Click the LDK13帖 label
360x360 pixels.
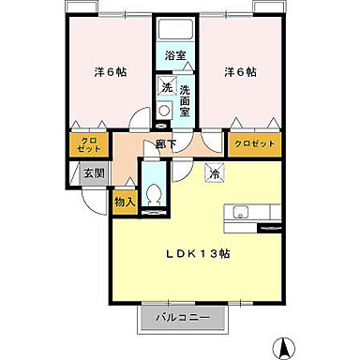(x=200, y=254)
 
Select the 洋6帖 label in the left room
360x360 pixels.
(x=111, y=72)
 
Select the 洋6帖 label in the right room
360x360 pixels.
(x=241, y=72)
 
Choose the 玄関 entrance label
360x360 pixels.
(x=92, y=173)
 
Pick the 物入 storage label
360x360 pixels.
(x=125, y=200)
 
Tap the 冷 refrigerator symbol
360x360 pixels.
(x=214, y=172)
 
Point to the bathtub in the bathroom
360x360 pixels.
(x=175, y=33)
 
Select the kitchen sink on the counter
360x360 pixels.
(x=239, y=212)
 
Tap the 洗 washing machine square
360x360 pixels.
(x=165, y=87)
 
